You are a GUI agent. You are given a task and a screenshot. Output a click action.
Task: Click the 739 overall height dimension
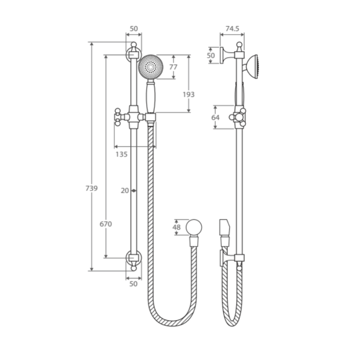click(91, 188)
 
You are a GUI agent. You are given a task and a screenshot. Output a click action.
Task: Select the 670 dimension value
click(105, 224)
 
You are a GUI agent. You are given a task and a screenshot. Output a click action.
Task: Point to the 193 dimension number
click(188, 94)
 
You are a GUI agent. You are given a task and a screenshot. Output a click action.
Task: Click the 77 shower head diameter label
click(173, 67)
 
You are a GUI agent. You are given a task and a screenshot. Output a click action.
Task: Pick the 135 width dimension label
click(121, 154)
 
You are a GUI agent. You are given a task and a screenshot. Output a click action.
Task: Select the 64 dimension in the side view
click(215, 117)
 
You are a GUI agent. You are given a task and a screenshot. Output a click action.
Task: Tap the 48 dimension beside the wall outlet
click(176, 227)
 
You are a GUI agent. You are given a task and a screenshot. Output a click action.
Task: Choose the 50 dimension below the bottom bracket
click(133, 283)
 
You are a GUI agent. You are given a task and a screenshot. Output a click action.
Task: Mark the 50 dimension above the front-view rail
click(133, 29)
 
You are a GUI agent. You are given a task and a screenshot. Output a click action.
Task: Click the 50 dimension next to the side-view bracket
click(210, 55)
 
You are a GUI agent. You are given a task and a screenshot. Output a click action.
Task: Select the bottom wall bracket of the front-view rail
click(133, 259)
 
